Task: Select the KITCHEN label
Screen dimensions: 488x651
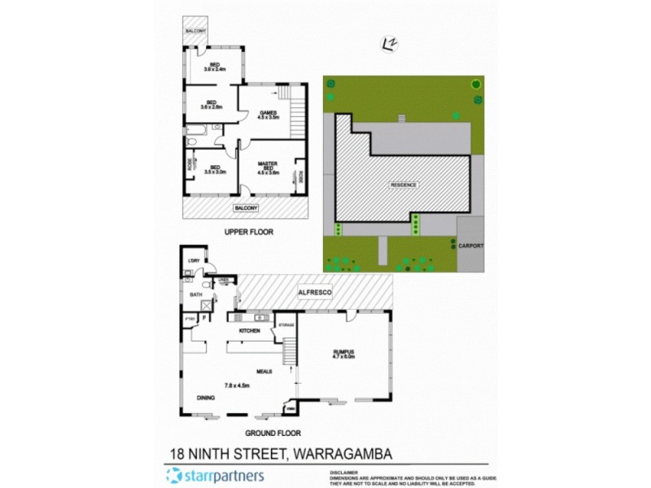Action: (x=249, y=331)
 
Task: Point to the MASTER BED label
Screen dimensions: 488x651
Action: (x=269, y=168)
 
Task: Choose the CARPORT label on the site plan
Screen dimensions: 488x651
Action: (x=470, y=245)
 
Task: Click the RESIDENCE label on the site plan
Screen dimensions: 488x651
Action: (x=404, y=185)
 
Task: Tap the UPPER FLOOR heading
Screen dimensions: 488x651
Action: (x=249, y=232)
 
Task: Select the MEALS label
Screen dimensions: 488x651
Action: (x=264, y=372)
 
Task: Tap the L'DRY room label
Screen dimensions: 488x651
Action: (x=194, y=260)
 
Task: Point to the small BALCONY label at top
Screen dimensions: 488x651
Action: (x=195, y=31)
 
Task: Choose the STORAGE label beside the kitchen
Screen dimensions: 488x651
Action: (x=286, y=325)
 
